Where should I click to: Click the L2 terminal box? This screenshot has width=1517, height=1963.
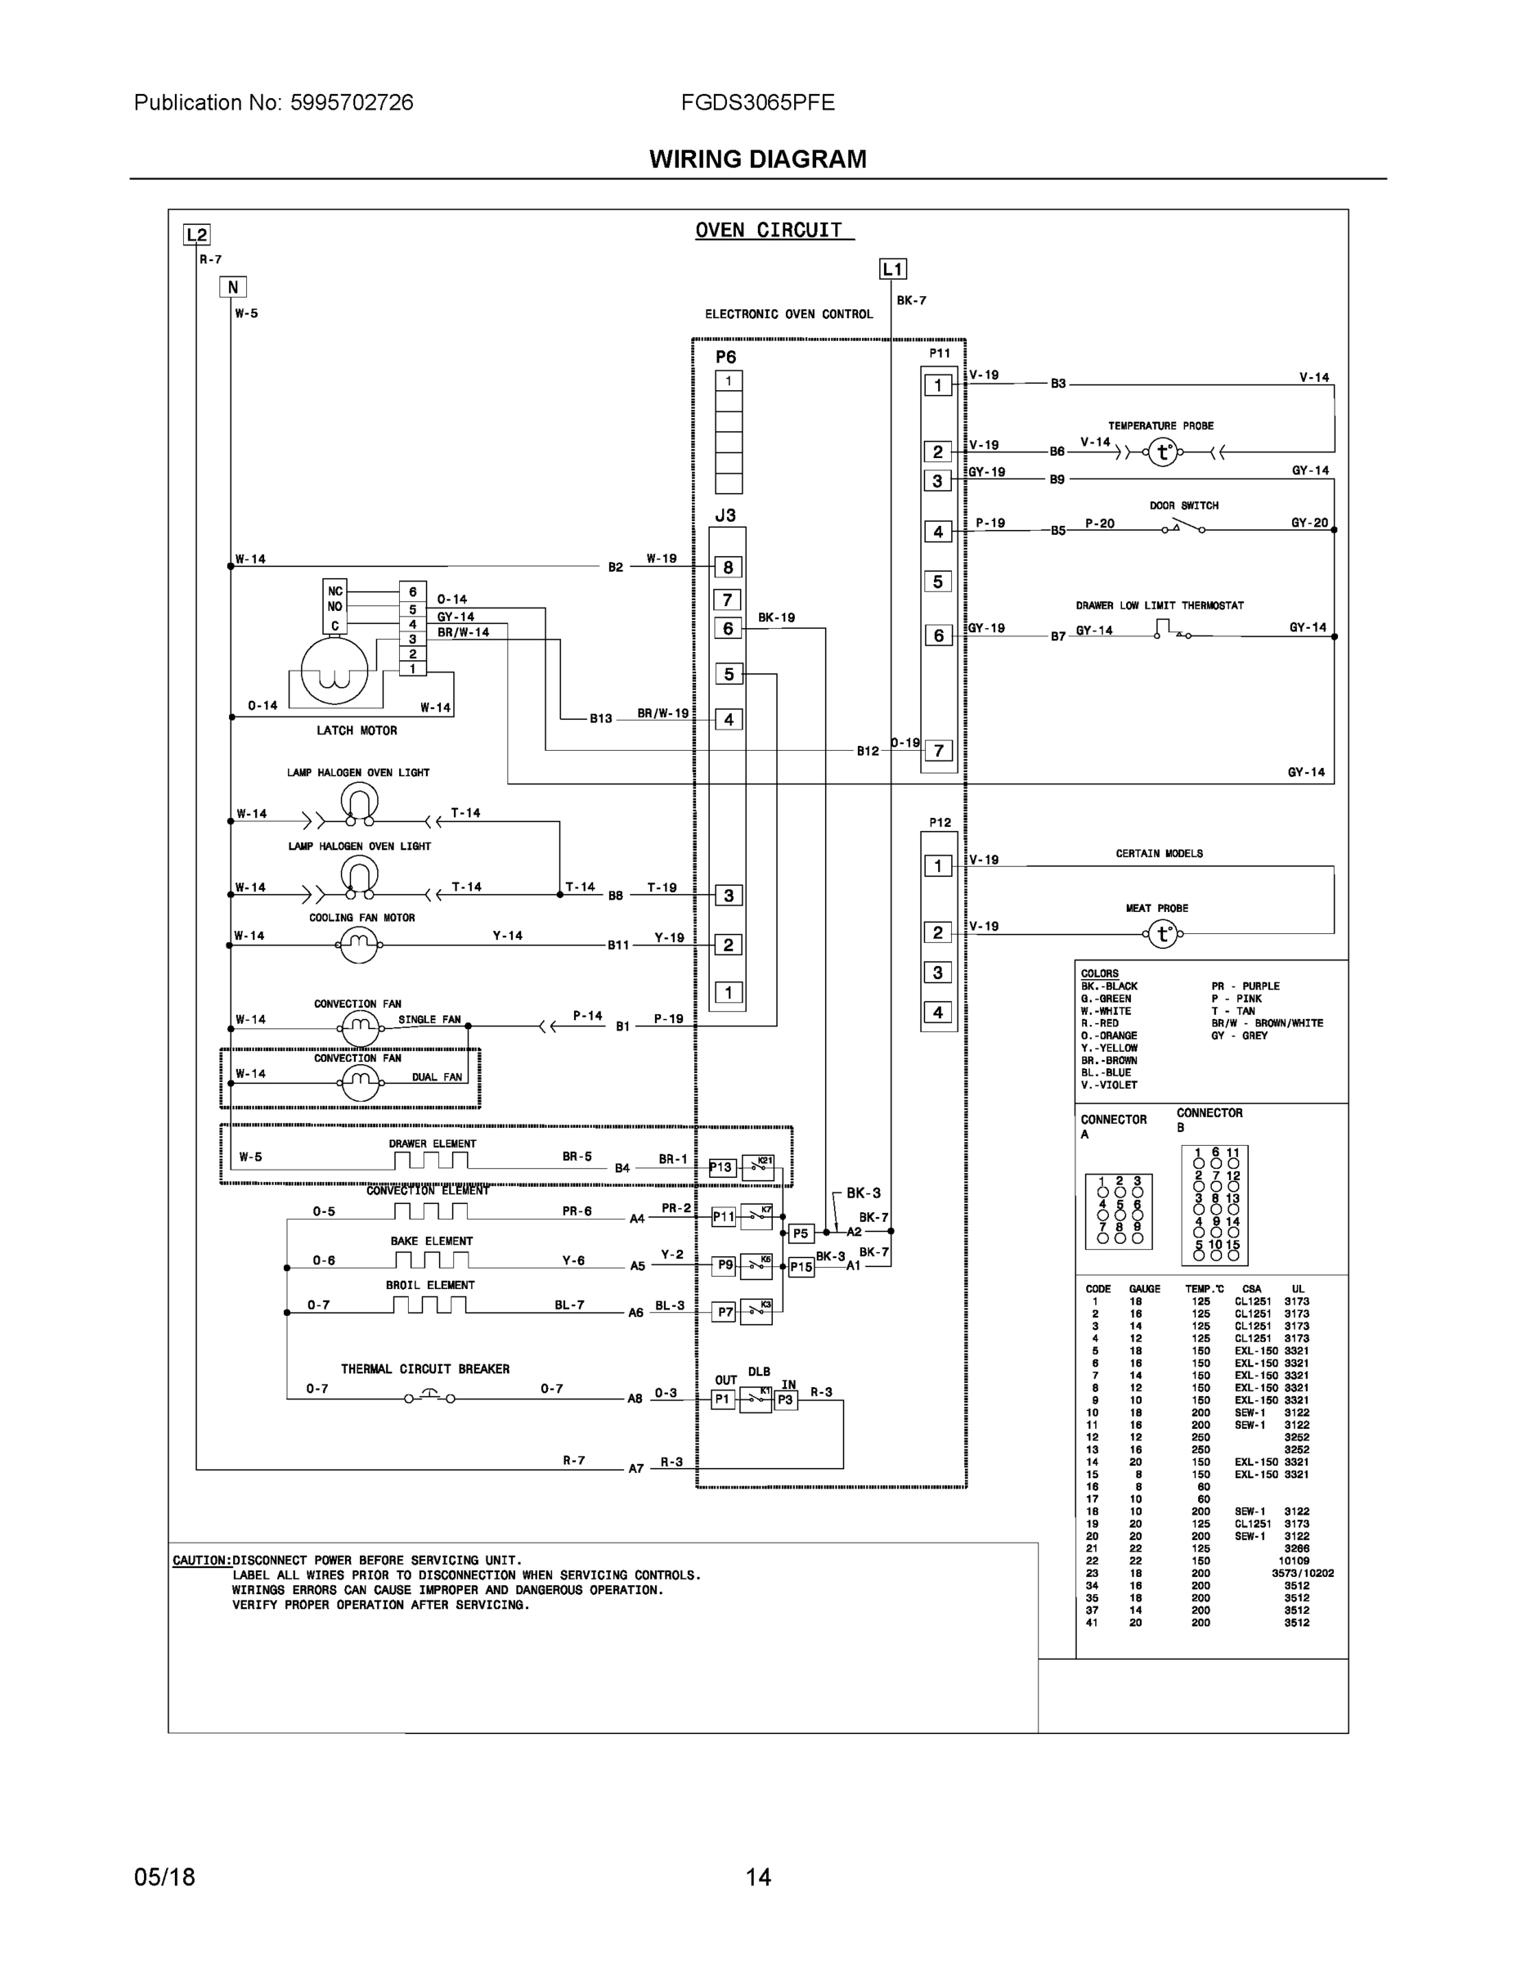[196, 236]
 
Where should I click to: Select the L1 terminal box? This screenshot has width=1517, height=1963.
[891, 269]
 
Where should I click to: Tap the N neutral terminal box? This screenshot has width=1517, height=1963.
[233, 288]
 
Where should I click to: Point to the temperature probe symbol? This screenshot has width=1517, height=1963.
[1163, 452]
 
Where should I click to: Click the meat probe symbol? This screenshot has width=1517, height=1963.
[1163, 935]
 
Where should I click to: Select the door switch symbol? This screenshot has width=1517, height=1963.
[1183, 527]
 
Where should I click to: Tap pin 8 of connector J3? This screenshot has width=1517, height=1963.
[728, 567]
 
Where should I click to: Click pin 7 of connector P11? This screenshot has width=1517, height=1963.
[938, 751]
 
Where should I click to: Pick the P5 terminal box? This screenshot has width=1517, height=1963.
[800, 1233]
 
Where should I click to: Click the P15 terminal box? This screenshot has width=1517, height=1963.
[801, 1267]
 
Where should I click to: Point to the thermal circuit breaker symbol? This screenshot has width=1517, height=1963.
[429, 1398]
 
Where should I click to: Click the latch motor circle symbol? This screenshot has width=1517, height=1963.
[334, 670]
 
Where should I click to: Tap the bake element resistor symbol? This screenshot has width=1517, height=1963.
[429, 1261]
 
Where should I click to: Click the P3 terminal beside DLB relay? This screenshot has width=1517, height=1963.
[785, 1399]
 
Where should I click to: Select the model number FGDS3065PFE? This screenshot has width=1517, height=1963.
[757, 102]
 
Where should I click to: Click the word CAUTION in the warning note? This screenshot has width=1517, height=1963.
[200, 1561]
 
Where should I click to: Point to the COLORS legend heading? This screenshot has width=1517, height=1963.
[1099, 973]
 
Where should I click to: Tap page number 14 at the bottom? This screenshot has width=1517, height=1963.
[757, 1877]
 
